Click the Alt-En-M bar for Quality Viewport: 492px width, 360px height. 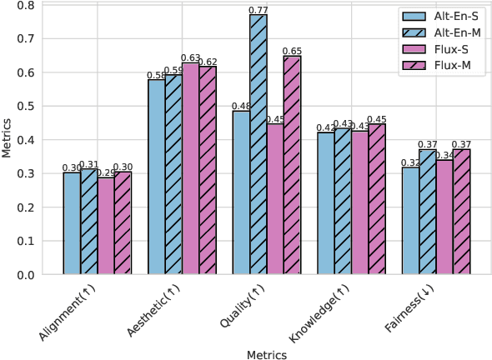tap(259, 145)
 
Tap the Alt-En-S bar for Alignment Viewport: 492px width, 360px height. tap(73, 223)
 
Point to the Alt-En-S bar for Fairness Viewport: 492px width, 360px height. tap(410, 221)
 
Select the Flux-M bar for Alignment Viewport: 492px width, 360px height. tap(123, 223)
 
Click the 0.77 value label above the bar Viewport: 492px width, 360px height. tap(259, 10)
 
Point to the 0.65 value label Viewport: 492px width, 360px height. tap(292, 52)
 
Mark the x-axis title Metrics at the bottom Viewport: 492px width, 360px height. tap(267, 354)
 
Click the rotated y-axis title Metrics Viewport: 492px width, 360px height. tap(8, 140)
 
